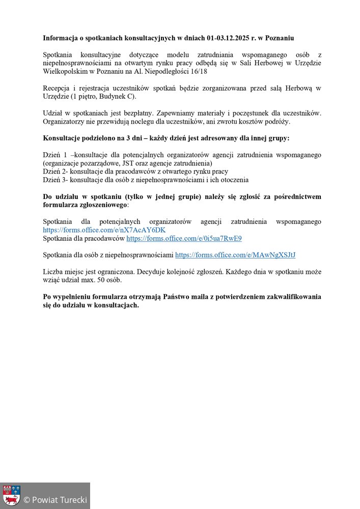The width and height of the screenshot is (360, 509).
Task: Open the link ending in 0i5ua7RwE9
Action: (x=184, y=238)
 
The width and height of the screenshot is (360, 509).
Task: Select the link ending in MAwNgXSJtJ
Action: (x=235, y=254)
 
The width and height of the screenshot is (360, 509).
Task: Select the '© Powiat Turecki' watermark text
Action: (x=55, y=500)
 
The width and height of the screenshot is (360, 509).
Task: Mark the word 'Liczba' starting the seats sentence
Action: (x=53, y=271)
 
